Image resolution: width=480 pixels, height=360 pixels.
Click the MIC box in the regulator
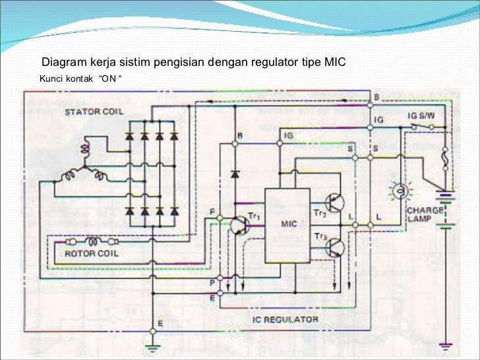point(287,224)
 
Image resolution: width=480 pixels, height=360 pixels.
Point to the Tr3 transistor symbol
point(334,247)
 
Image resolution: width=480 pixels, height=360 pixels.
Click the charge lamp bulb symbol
point(398,192)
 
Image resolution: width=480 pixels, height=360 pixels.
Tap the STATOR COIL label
point(94,112)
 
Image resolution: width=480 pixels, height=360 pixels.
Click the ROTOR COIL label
point(90,254)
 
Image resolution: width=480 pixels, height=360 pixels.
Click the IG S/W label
point(421,115)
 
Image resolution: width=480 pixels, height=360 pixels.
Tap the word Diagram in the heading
point(63,63)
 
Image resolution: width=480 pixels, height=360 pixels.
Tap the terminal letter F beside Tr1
point(212,211)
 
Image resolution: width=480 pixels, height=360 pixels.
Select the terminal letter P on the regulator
point(212,282)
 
